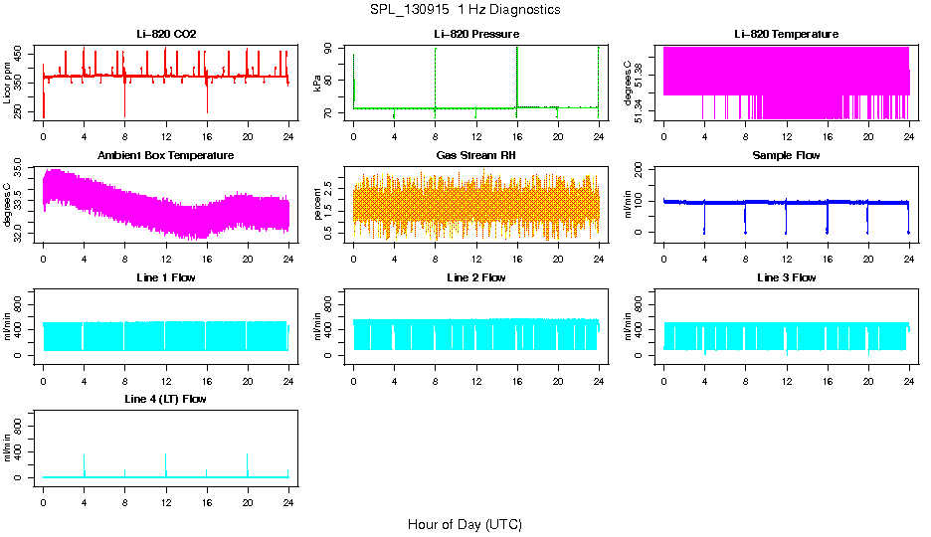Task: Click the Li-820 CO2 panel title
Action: tap(166, 34)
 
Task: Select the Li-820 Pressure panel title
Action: tap(475, 34)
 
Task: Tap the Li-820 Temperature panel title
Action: tap(786, 34)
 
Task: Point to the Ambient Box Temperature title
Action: tap(166, 155)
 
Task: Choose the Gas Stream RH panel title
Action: tap(475, 155)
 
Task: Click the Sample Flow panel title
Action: tap(786, 155)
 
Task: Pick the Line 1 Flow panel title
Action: tap(166, 277)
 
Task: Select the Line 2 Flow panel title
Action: tap(475, 277)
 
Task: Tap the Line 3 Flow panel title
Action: tap(786, 277)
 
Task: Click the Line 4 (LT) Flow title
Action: tap(166, 399)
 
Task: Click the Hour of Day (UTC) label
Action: tap(465, 524)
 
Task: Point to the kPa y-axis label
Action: tap(318, 83)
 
